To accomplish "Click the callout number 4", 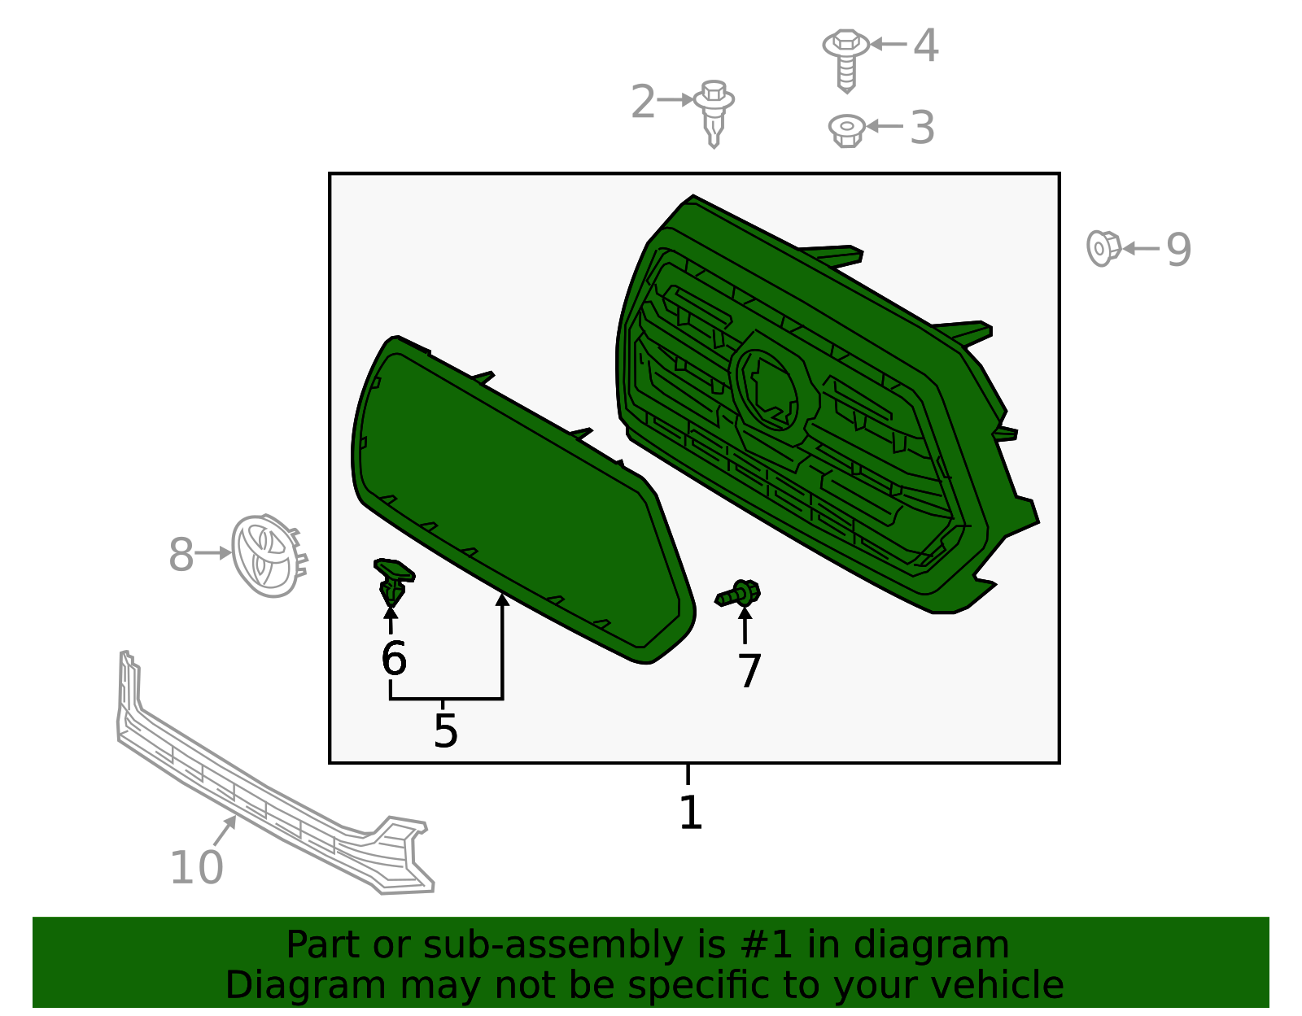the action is pyautogui.click(x=925, y=45).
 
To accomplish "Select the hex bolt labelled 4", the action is pyautogui.click(x=845, y=60).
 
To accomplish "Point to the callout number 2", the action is pyautogui.click(x=643, y=101).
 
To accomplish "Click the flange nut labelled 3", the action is pyautogui.click(x=846, y=131).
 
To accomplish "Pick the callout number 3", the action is pyautogui.click(x=922, y=128).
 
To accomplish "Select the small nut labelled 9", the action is pyautogui.click(x=1103, y=248).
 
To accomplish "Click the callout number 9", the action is pyautogui.click(x=1178, y=250).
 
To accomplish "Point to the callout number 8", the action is pyautogui.click(x=181, y=555).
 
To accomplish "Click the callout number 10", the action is pyautogui.click(x=197, y=867).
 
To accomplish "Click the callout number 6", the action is pyautogui.click(x=394, y=658).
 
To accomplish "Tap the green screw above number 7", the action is pyautogui.click(x=737, y=593).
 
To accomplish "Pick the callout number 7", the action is pyautogui.click(x=749, y=670).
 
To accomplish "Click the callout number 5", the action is pyautogui.click(x=445, y=730).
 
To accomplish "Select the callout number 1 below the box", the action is pyautogui.click(x=690, y=813).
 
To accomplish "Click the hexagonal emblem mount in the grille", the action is pyautogui.click(x=774, y=389).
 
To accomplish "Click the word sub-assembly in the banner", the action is pyautogui.click(x=553, y=945).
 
